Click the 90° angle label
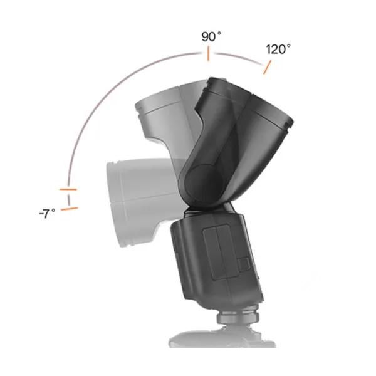tap(211, 36)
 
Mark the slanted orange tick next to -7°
tap(70, 208)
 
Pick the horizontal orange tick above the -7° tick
tap(68, 189)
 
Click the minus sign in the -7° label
tap(41, 214)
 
